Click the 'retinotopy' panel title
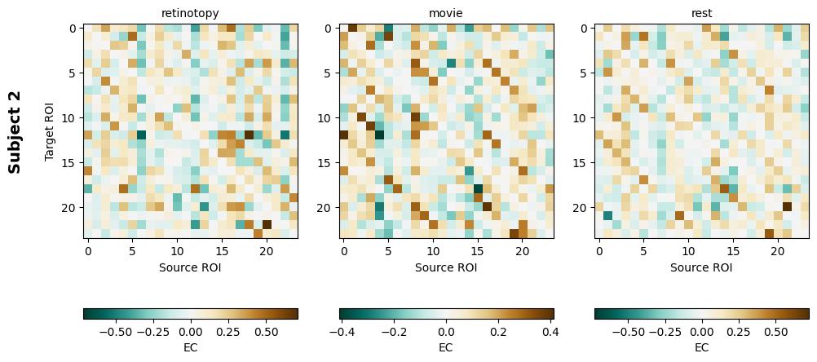190,13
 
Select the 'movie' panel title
446,13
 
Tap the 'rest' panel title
701,13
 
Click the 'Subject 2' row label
15,131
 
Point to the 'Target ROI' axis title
50,131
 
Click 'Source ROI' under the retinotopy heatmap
190,267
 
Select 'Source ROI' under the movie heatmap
446,267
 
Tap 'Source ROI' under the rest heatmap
701,267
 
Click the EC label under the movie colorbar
446,347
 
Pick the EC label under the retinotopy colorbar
190,347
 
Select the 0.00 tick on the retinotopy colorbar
190,333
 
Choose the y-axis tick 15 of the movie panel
327,162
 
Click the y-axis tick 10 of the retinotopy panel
68,118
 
